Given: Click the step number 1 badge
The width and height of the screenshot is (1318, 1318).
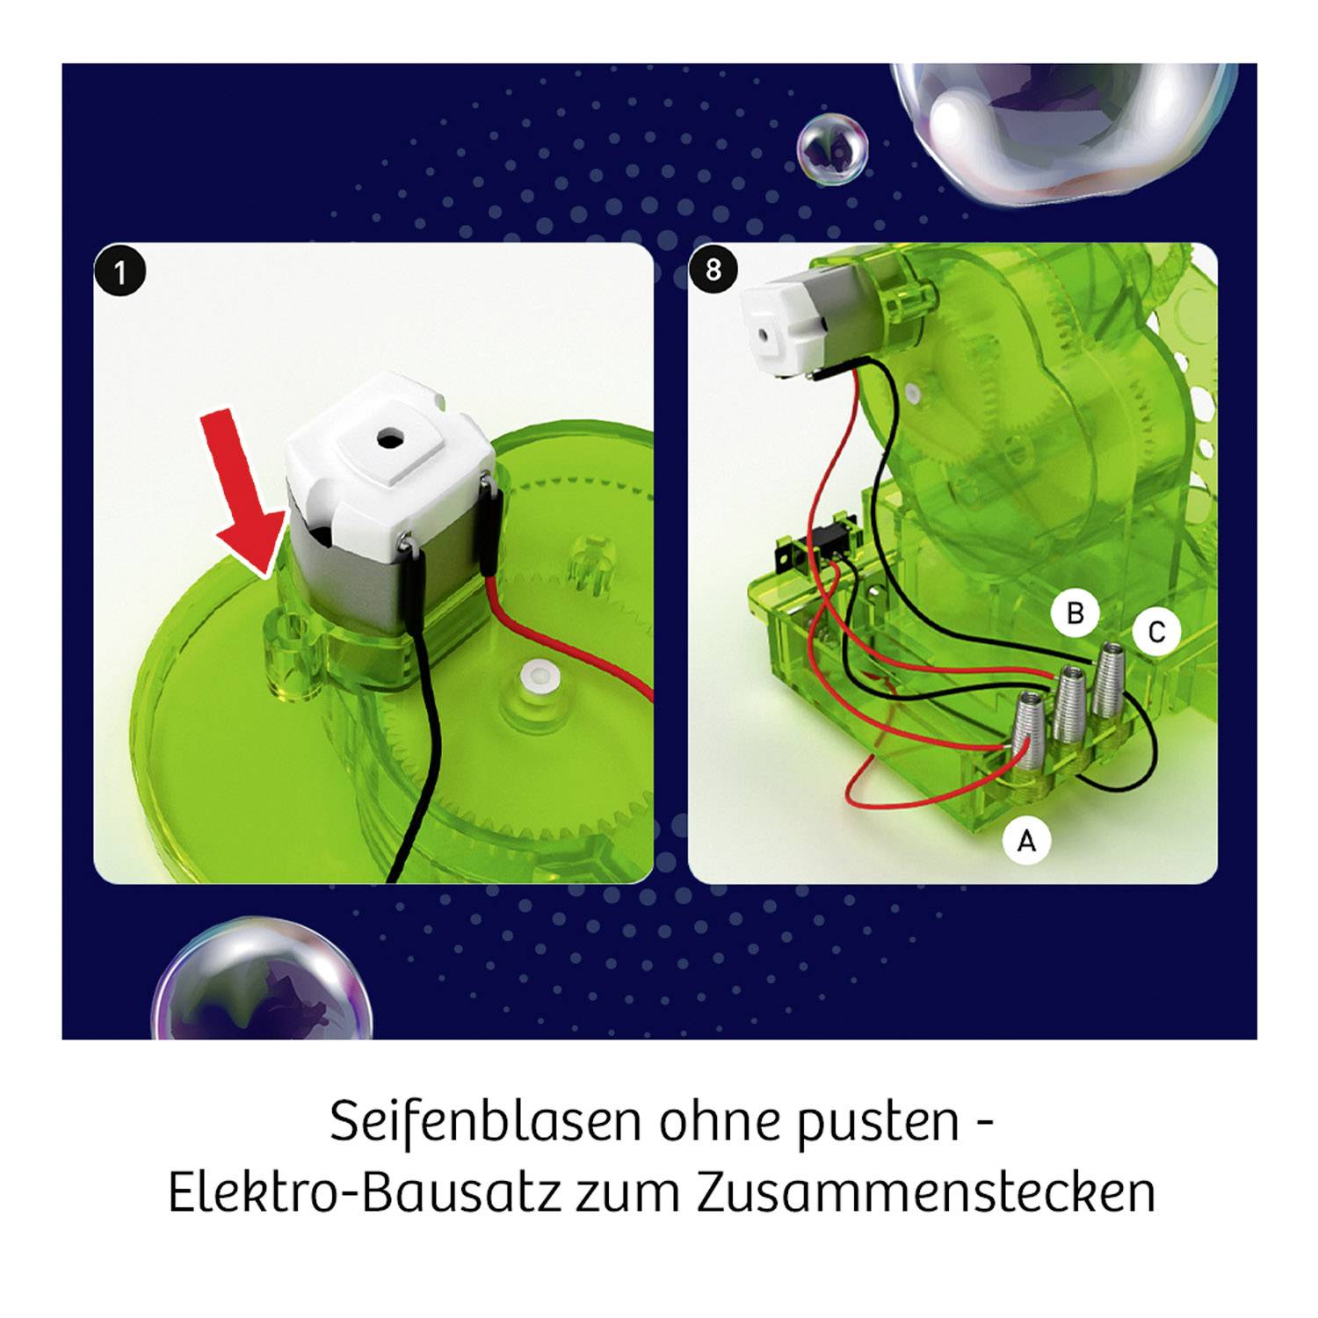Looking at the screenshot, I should pyautogui.click(x=120, y=272).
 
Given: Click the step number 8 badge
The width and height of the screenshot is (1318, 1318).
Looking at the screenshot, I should pyautogui.click(x=713, y=269).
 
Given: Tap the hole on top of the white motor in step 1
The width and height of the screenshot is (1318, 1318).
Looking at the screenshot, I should pyautogui.click(x=387, y=436).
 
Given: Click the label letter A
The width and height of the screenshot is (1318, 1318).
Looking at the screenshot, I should pyautogui.click(x=1026, y=842).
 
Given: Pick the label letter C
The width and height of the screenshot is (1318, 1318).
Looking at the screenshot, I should pyautogui.click(x=1156, y=632).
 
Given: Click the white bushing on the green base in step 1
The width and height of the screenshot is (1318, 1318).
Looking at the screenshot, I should pyautogui.click(x=534, y=677).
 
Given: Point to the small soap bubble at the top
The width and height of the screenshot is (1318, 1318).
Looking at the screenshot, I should pyautogui.click(x=832, y=148).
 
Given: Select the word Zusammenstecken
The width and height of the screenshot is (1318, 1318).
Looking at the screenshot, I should pyautogui.click(x=925, y=1192).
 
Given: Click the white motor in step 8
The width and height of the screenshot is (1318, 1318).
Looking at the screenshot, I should pyautogui.click(x=785, y=325).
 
